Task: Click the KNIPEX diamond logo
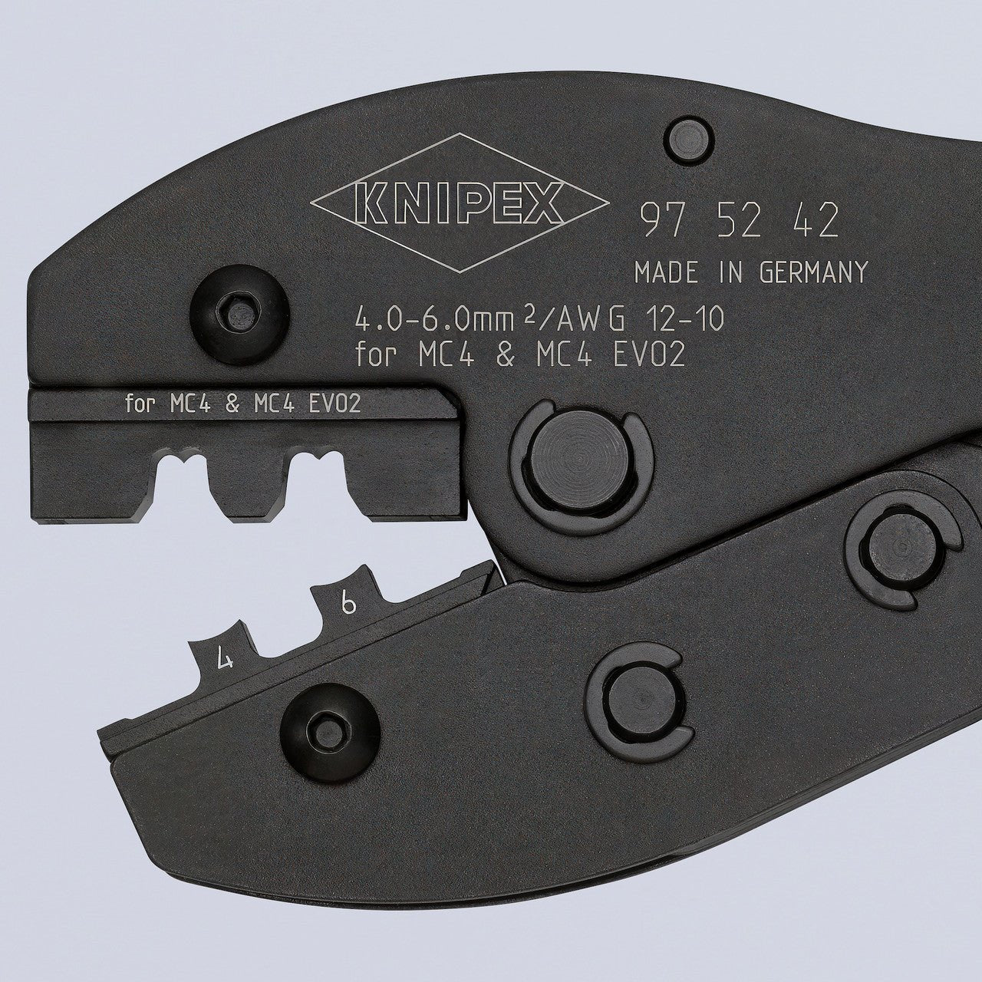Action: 459,204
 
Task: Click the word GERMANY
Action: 813,272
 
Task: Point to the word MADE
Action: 667,272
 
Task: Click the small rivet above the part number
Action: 689,141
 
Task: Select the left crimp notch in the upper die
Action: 183,491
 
